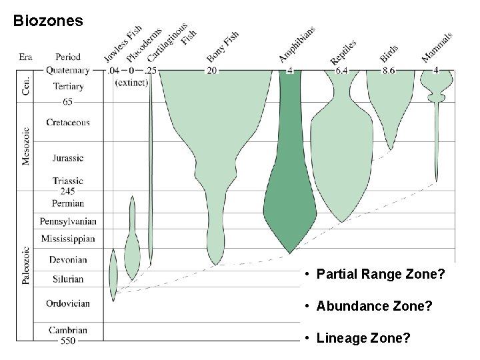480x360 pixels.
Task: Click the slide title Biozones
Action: [x=48, y=21]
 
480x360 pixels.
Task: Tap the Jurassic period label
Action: [x=67, y=158]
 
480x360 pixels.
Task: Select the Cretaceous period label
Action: [x=68, y=123]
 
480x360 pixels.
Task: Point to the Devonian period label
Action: [x=67, y=259]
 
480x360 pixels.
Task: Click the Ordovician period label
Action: [x=68, y=303]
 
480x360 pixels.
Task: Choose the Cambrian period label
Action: [x=68, y=329]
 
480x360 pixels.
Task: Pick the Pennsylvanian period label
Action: [x=68, y=221]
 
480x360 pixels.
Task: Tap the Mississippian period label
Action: [x=68, y=239]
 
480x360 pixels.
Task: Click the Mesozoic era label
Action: [x=27, y=147]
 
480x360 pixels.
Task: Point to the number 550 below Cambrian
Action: [x=68, y=341]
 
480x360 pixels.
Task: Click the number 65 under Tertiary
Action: [x=68, y=101]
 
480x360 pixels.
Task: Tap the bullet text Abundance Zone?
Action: [x=374, y=306]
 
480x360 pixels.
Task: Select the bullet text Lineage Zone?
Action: [x=363, y=339]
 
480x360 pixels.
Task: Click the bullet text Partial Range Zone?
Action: [x=380, y=274]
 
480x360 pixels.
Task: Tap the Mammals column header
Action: [x=437, y=47]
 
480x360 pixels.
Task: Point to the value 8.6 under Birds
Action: [x=389, y=70]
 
